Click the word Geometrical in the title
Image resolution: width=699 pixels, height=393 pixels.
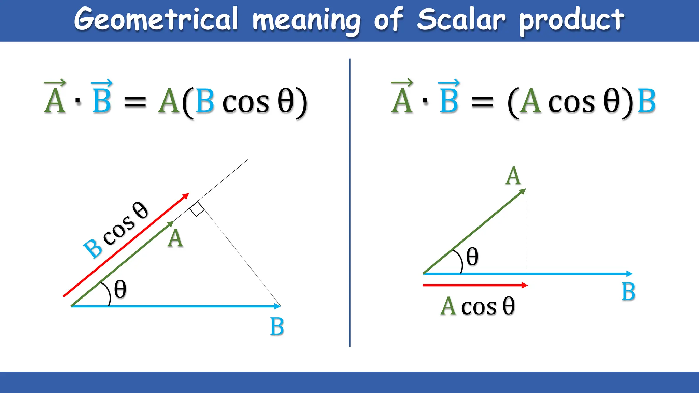click(x=156, y=19)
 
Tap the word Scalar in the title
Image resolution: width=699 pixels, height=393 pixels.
click(x=461, y=19)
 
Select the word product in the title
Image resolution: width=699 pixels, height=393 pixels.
click(x=572, y=20)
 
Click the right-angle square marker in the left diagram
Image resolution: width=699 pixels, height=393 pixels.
click(x=197, y=209)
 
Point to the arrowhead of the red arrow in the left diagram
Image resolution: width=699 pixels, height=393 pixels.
click(x=186, y=196)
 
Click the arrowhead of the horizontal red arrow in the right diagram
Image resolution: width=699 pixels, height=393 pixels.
click(x=525, y=285)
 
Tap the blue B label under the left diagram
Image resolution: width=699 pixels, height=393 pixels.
click(x=277, y=326)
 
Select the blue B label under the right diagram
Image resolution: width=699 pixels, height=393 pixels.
click(x=628, y=292)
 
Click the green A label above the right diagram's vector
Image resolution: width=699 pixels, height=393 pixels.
click(x=513, y=176)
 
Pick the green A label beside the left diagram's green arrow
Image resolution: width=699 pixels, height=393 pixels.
click(x=175, y=238)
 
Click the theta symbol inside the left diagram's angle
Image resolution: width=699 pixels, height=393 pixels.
click(x=120, y=290)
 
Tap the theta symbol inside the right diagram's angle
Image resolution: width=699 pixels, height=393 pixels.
click(x=472, y=257)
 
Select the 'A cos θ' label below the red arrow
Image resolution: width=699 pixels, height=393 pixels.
click(x=477, y=306)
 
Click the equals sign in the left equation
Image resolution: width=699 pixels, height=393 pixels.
click(x=135, y=102)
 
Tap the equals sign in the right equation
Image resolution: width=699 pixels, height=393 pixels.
click(x=482, y=102)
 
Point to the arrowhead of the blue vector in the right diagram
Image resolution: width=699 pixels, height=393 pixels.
click(x=630, y=274)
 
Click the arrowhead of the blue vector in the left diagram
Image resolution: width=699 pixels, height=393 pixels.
click(x=277, y=306)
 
